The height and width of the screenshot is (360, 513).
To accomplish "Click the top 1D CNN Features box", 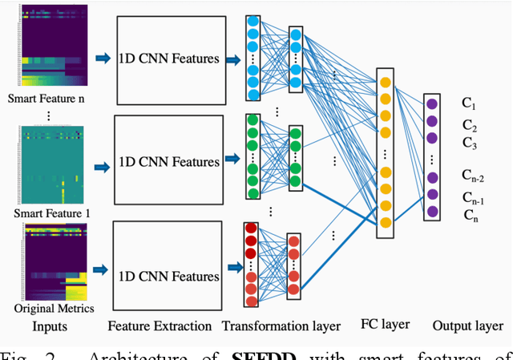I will click(168, 58).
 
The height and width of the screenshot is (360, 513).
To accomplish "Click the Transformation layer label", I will click(281, 326).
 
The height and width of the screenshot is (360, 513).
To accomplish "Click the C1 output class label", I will click(469, 104).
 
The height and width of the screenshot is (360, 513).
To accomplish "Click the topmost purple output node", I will click(433, 103).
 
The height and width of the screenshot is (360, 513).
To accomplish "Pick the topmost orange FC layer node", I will click(386, 82).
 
